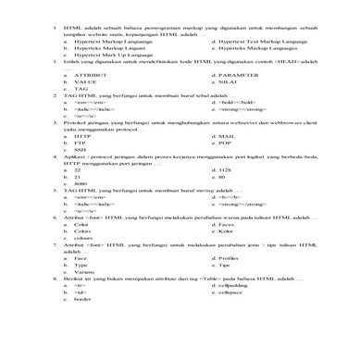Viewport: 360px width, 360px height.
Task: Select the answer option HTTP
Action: tap(81, 161)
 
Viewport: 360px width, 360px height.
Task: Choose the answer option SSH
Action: tap(79, 175)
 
